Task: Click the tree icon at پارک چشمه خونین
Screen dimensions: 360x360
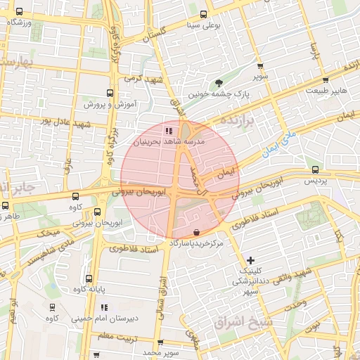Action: pyautogui.click(x=219, y=83)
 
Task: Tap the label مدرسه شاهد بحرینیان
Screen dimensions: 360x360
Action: pyautogui.click(x=168, y=141)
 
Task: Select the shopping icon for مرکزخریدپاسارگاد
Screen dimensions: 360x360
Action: pyautogui.click(x=195, y=231)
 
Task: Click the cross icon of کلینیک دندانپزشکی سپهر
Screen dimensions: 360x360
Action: pyautogui.click(x=251, y=260)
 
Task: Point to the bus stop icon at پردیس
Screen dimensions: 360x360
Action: pyautogui.click(x=315, y=169)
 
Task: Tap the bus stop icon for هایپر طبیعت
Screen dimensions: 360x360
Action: pyautogui.click(x=326, y=79)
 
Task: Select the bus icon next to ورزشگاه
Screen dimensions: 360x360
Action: pyautogui.click(x=18, y=12)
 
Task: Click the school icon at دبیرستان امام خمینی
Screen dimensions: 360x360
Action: pyautogui.click(x=104, y=307)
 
